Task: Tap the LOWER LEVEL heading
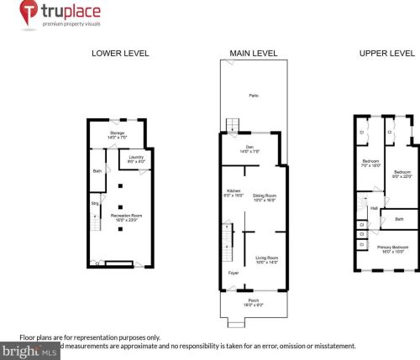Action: coord(120,53)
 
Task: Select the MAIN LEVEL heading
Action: coord(255,53)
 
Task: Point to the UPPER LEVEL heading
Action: coord(386,53)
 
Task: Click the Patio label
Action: coord(253,97)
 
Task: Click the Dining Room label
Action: coord(265,196)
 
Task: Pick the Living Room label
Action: coord(266,258)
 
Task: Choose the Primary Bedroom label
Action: coord(393,246)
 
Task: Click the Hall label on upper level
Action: coord(373,207)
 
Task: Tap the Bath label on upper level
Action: coord(399,220)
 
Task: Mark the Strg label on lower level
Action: coord(94,201)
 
